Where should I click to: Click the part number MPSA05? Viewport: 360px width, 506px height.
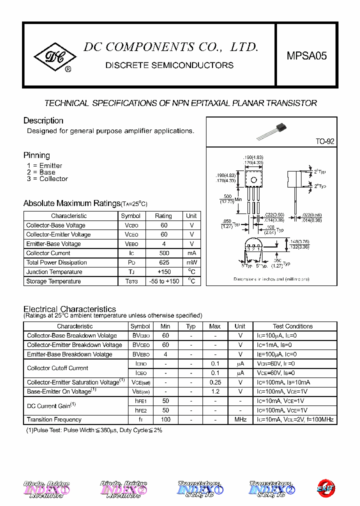click(306, 56)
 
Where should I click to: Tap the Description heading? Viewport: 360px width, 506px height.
click(43, 120)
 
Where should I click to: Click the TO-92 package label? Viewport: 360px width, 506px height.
click(324, 141)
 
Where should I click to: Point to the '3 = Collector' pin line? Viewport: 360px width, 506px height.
click(47, 179)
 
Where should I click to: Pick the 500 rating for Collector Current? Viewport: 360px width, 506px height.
click(163, 253)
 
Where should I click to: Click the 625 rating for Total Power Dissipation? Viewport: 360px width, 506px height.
click(163, 262)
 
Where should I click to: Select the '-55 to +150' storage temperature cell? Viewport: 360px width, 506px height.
click(163, 281)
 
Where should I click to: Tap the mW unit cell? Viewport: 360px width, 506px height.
click(191, 262)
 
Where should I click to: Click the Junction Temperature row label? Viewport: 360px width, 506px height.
click(54, 272)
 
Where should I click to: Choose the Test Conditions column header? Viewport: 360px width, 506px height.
click(292, 326)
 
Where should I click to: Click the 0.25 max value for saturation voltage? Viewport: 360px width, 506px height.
click(215, 382)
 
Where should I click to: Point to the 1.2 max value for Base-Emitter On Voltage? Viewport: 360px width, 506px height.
click(215, 391)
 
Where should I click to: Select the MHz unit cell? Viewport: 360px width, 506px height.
click(240, 419)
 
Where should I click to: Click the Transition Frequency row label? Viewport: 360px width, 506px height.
click(54, 419)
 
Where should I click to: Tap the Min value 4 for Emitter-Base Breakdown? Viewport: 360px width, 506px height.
click(165, 354)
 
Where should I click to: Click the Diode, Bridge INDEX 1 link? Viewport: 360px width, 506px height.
click(46, 489)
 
